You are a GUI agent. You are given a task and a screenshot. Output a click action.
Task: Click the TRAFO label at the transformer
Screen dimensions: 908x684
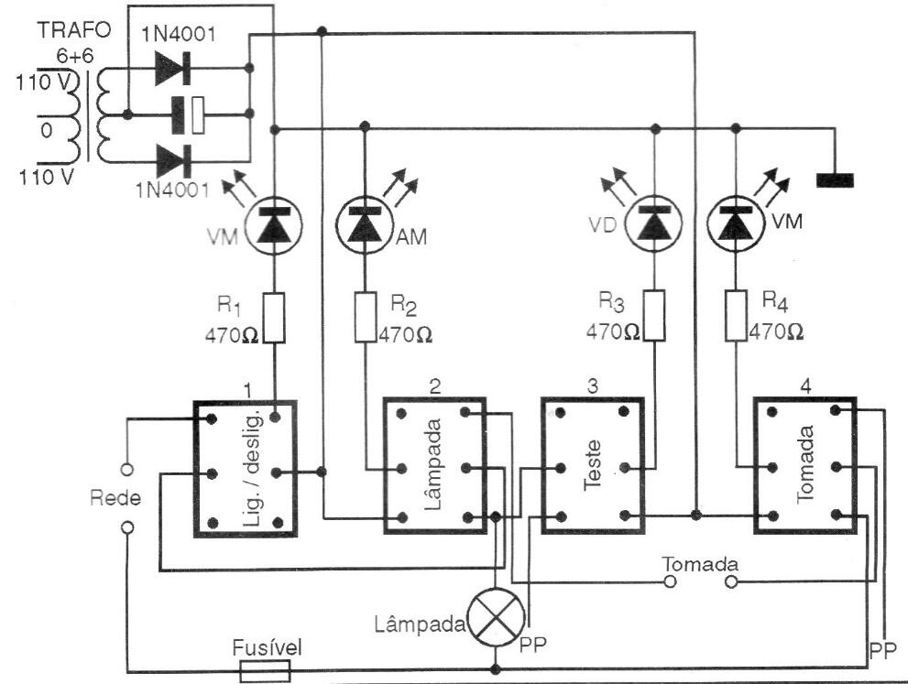coord(74,30)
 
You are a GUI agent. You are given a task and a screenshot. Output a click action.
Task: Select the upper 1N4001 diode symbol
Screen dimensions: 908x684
coord(173,69)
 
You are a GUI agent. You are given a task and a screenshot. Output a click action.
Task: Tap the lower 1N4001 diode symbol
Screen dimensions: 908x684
coord(173,160)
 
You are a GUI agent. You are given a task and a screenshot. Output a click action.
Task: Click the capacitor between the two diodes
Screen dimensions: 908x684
coord(188,114)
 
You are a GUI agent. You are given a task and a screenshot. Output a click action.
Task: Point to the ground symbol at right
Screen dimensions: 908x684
coord(835,180)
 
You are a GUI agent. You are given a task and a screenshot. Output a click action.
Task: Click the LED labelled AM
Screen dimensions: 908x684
coord(366,224)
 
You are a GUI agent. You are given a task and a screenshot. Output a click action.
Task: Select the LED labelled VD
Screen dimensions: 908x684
coord(654,223)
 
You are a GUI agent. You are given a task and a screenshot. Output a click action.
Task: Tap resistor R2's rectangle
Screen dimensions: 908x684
coord(366,318)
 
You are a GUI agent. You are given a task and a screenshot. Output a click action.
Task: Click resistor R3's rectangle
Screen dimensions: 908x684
coord(654,315)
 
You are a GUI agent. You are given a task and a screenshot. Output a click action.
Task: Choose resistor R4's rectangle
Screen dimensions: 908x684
coord(736,315)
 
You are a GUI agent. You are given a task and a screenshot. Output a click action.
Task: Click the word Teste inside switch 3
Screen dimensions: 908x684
coord(593,466)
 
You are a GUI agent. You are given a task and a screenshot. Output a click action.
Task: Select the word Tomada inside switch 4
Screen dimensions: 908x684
coord(805,464)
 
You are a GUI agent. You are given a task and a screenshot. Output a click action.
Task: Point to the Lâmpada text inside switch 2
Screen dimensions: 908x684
coord(433,464)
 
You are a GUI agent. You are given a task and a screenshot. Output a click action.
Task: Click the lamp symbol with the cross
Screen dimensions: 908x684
coord(496,619)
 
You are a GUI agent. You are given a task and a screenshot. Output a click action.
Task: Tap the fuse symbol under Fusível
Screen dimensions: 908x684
coord(265,672)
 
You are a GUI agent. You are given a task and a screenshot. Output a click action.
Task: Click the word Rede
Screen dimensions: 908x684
coord(115,498)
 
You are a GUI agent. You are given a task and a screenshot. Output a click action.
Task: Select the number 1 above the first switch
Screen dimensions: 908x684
coord(248,391)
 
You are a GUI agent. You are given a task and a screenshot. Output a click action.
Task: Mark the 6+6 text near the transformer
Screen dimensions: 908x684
coord(75,56)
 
